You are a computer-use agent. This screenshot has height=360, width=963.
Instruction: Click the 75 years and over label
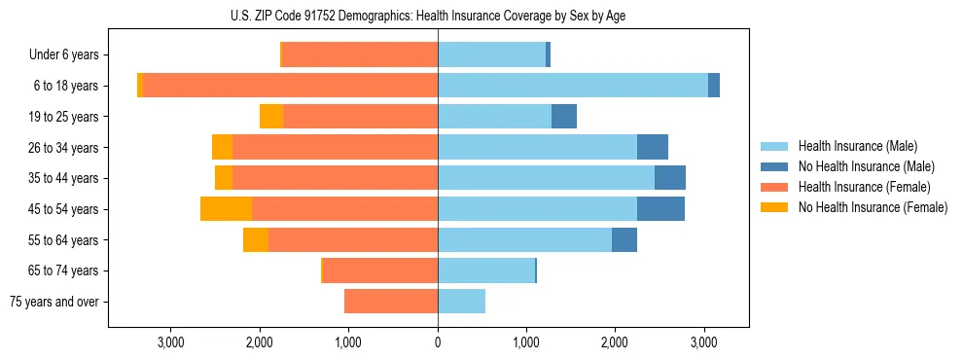pyautogui.click(x=54, y=302)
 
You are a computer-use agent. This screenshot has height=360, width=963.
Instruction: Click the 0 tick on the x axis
pyautogui.click(x=438, y=342)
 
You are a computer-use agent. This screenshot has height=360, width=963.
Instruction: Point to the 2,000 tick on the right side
pyautogui.click(x=616, y=342)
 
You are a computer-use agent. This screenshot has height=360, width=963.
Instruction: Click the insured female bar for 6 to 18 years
pyautogui.click(x=290, y=86)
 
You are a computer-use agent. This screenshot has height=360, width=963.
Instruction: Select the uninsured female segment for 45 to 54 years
pyautogui.click(x=226, y=209)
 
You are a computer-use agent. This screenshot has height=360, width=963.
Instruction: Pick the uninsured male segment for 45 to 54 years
pyautogui.click(x=660, y=209)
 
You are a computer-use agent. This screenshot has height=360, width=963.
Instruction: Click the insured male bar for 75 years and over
pyautogui.click(x=461, y=302)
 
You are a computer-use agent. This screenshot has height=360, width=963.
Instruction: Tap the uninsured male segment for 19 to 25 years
pyautogui.click(x=564, y=117)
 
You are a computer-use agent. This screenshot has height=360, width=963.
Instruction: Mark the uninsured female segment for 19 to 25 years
pyautogui.click(x=271, y=117)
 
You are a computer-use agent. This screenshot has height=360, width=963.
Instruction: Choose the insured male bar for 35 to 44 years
pyautogui.click(x=546, y=178)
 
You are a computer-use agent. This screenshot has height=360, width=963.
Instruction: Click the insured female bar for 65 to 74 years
pyautogui.click(x=380, y=270)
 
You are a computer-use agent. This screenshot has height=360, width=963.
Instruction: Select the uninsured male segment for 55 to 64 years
pyautogui.click(x=624, y=240)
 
